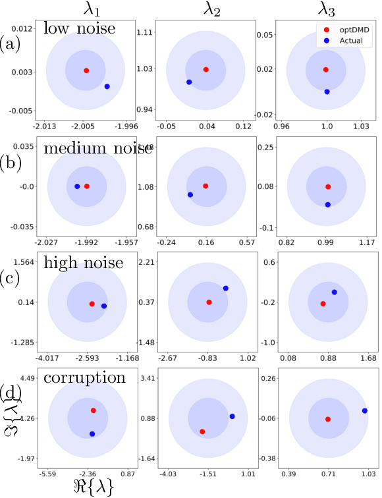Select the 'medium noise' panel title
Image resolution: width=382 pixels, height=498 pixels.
(x=97, y=149)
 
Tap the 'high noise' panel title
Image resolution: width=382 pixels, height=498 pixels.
(x=84, y=263)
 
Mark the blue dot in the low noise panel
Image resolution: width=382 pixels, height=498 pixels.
(x=107, y=87)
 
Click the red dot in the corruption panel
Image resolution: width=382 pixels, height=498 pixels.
(x=93, y=410)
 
